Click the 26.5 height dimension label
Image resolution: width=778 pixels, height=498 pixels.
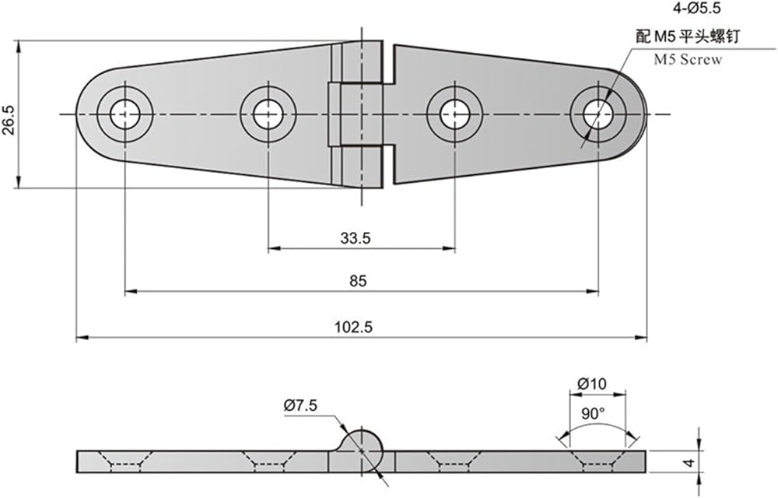tap(9, 120)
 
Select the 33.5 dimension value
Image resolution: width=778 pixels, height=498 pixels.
tap(356, 239)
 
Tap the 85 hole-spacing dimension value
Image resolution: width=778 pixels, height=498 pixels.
tap(358, 281)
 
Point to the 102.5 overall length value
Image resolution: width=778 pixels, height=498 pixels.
tap(353, 328)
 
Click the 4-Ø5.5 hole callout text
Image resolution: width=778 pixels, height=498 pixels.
tap(697, 8)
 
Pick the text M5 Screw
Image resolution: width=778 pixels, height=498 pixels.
tap(688, 59)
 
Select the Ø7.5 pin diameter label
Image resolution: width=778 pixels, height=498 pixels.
tap(300, 405)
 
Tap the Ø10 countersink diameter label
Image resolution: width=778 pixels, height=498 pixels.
tap(592, 384)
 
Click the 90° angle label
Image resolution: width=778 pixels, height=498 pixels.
tap(594, 413)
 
